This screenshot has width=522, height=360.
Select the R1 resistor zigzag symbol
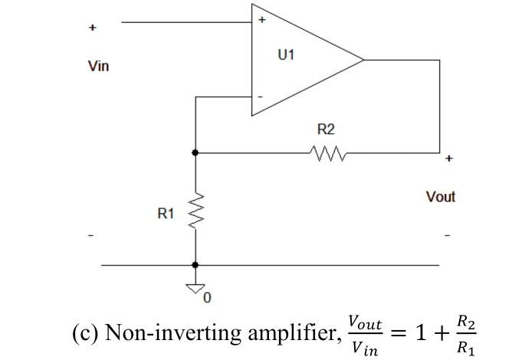[x=195, y=211]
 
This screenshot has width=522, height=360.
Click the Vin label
[x=98, y=66]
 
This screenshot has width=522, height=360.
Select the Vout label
[x=440, y=197]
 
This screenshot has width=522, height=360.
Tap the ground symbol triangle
[x=195, y=289]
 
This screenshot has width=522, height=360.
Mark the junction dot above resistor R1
[x=195, y=152]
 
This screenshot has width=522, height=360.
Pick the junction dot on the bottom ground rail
[x=195, y=265]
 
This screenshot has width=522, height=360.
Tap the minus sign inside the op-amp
[x=261, y=97]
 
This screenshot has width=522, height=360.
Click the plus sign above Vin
[x=93, y=28]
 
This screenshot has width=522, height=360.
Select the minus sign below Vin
[x=91, y=234]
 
